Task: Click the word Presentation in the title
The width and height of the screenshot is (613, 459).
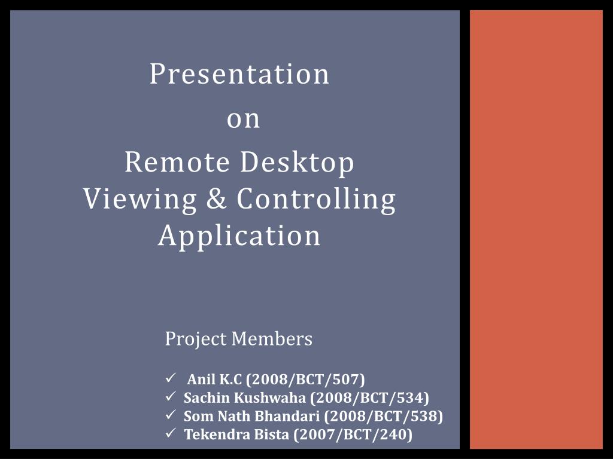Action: (x=239, y=74)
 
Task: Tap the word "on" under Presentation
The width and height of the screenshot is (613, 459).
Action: (x=244, y=119)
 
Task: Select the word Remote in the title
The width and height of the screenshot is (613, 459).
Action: (x=177, y=163)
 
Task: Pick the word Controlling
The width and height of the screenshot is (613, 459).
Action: (x=316, y=199)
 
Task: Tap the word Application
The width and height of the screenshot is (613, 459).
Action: (x=239, y=235)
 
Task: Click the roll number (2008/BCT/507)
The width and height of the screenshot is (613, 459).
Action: (x=305, y=380)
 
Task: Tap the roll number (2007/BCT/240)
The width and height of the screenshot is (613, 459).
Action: (x=353, y=435)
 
